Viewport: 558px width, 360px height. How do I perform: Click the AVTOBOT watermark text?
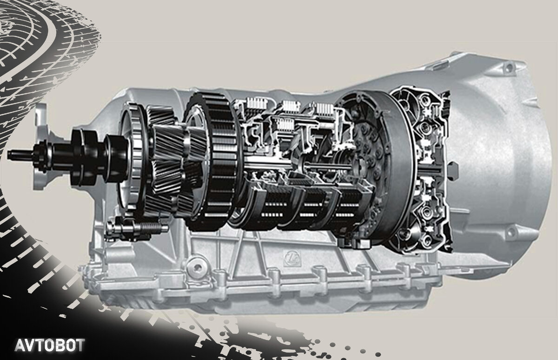(x=50, y=345)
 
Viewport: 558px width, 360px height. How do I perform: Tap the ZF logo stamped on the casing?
(x=293, y=256)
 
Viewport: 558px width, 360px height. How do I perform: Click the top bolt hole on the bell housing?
(x=508, y=67)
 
